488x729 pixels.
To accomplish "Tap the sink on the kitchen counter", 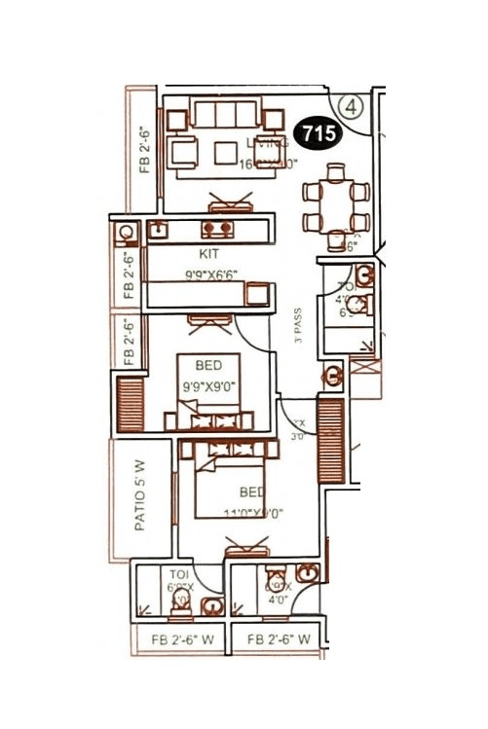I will click(x=157, y=232).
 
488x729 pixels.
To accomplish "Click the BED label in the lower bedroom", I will click(x=252, y=490).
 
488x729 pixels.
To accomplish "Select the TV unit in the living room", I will click(x=230, y=204).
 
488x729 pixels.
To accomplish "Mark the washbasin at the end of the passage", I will click(x=332, y=374).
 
